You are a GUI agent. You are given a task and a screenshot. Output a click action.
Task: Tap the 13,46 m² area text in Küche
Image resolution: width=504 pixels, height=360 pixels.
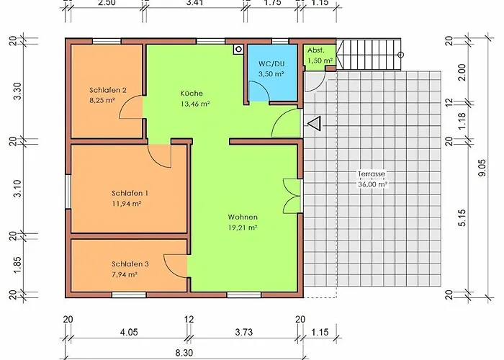click(195, 104)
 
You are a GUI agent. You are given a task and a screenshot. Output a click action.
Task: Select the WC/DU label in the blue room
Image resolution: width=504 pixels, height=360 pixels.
click(271, 63)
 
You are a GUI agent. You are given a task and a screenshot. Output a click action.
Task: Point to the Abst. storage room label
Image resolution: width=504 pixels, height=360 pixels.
click(316, 50)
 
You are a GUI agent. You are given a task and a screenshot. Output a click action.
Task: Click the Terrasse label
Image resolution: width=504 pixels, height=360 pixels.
click(372, 174)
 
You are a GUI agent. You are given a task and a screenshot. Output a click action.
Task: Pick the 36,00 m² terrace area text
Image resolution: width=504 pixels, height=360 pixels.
click(372, 184)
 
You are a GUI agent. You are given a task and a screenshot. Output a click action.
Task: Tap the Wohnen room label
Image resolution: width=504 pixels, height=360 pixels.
click(243, 217)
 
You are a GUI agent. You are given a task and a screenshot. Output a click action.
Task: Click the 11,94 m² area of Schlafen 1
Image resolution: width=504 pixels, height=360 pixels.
click(127, 204)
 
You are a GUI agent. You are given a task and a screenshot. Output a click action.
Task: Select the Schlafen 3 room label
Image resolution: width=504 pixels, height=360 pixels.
click(130, 264)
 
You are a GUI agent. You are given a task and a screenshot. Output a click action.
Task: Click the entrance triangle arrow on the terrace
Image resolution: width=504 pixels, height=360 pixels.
click(315, 124)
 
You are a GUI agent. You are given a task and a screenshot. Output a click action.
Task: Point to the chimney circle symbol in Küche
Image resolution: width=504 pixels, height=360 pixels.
click(238, 49)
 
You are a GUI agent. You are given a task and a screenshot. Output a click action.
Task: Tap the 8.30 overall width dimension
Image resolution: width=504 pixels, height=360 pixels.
click(184, 353)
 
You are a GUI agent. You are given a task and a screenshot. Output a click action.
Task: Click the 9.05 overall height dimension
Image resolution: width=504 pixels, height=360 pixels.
click(482, 168)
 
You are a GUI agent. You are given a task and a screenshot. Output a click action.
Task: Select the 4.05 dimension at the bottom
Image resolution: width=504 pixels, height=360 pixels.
click(129, 332)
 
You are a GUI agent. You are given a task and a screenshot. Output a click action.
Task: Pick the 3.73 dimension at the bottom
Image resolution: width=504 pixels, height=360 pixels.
click(244, 332)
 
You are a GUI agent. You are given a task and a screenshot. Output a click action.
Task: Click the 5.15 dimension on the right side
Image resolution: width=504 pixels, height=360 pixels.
click(462, 218)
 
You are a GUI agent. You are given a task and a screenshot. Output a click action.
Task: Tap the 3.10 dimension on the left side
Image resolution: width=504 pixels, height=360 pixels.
click(17, 189)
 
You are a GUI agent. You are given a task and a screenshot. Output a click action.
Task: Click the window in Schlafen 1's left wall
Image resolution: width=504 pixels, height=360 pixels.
click(68, 192)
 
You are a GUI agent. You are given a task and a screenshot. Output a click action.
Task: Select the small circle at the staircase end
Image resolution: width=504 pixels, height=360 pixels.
click(401, 55)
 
